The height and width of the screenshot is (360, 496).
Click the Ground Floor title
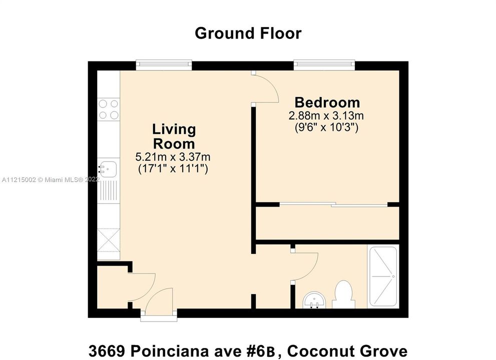(248, 33)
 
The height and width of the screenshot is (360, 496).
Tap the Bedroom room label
(327, 102)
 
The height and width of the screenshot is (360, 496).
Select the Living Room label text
(174, 136)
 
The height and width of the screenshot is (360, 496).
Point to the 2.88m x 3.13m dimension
(326, 116)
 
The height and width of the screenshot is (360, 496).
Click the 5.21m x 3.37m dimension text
(173, 156)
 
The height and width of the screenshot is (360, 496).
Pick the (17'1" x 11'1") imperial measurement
(173, 168)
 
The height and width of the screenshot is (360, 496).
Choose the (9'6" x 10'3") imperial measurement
(326, 127)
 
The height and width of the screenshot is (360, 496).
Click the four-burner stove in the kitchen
(109, 109)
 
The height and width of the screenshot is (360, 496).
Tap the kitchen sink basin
(108, 168)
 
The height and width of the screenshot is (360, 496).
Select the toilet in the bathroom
(343, 294)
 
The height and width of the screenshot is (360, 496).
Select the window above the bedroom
(324, 64)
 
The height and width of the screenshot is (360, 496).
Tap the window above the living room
(164, 64)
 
